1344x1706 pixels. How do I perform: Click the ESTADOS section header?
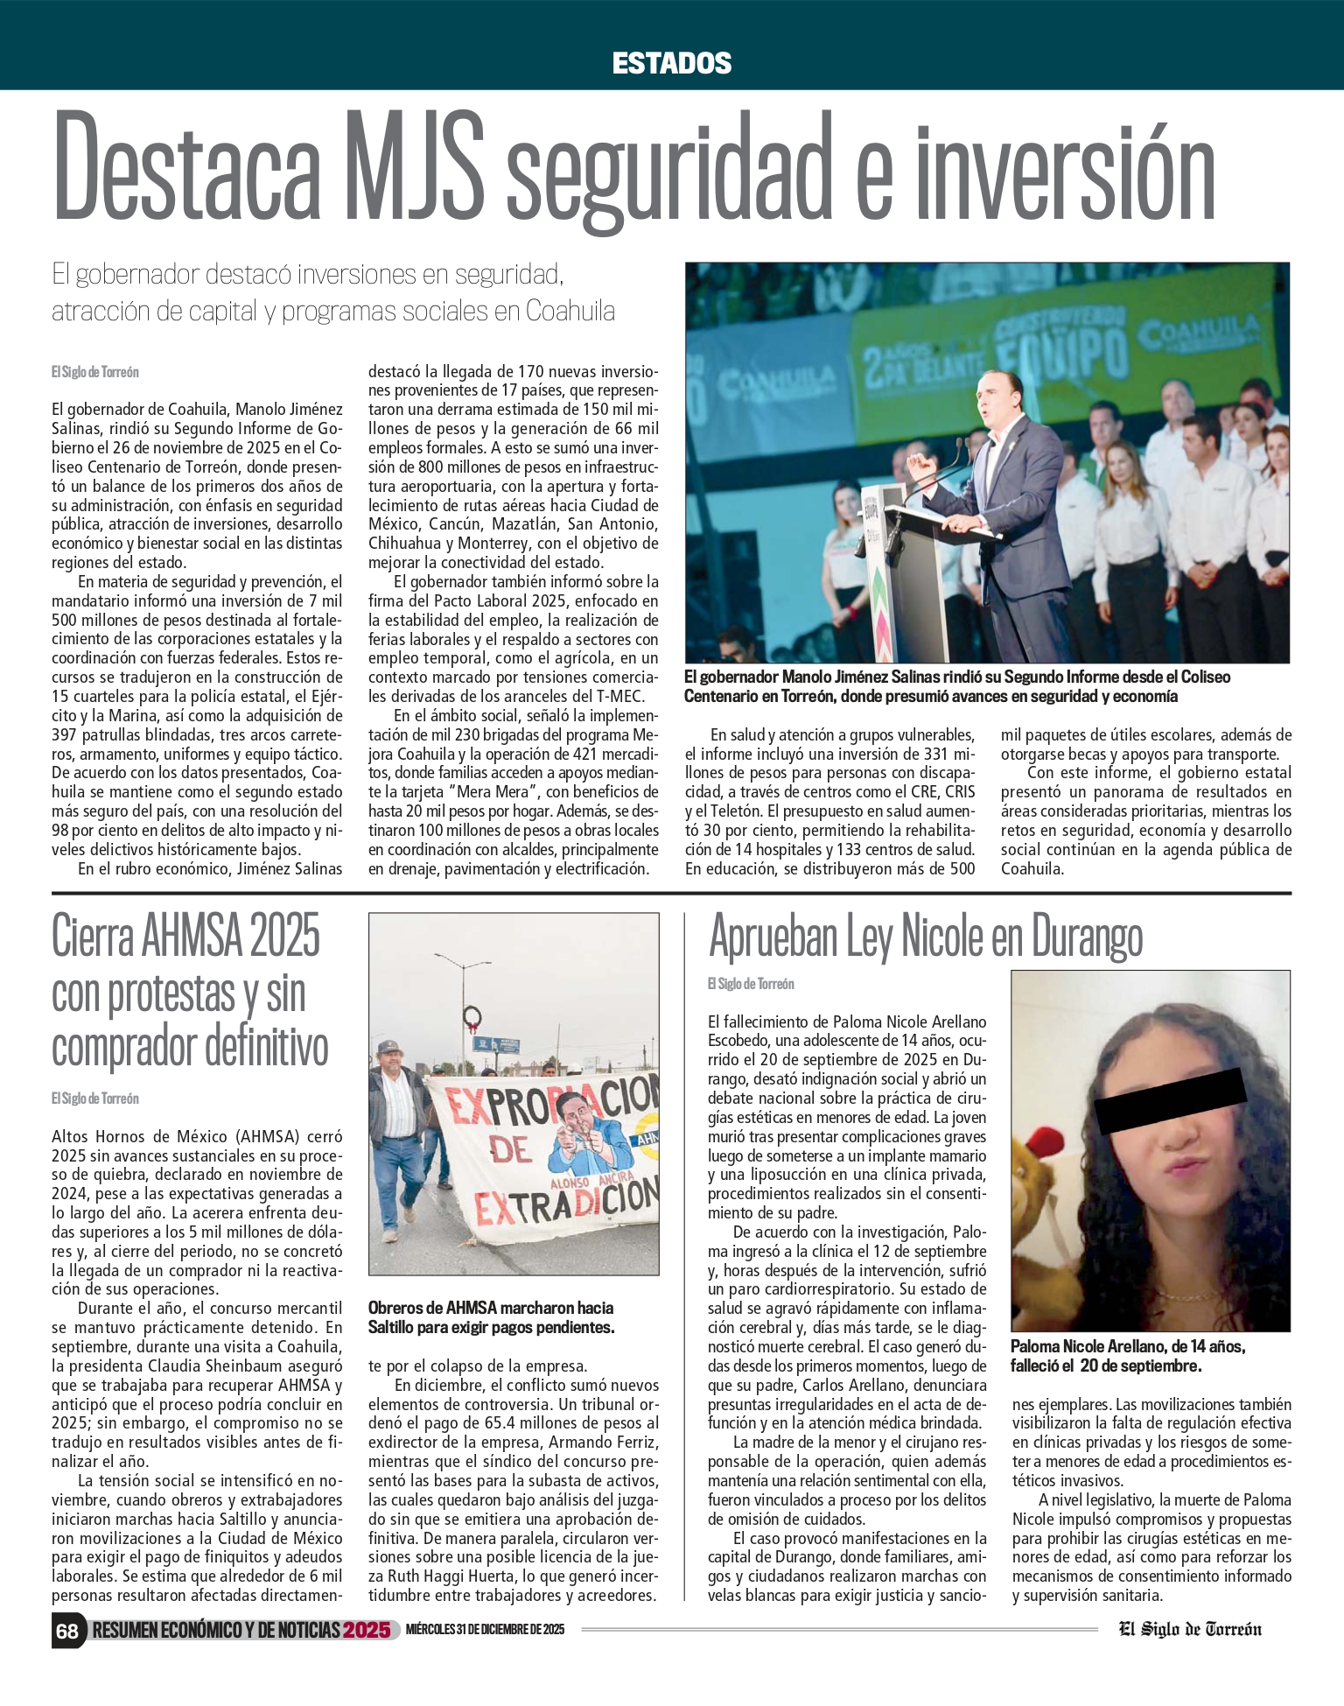pos(671,63)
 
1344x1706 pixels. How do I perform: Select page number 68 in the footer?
pos(67,1630)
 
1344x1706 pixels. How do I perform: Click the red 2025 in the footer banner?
pos(366,1630)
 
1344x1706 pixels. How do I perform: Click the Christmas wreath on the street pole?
pos(472,1017)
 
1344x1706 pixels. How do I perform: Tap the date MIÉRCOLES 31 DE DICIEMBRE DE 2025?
pos(485,1630)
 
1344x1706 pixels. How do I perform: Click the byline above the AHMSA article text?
pos(94,1099)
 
